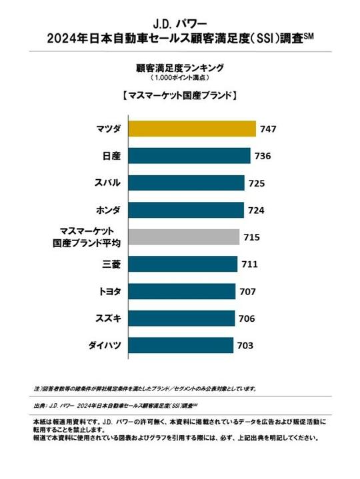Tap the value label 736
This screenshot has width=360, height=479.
(262, 157)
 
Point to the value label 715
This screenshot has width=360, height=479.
(252, 238)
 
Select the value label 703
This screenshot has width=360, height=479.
(245, 346)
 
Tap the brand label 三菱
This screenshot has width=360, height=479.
(111, 264)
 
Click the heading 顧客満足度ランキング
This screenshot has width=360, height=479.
(179, 67)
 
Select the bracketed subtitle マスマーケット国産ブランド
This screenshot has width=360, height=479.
(180, 95)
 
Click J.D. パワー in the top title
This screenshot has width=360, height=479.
(180, 15)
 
